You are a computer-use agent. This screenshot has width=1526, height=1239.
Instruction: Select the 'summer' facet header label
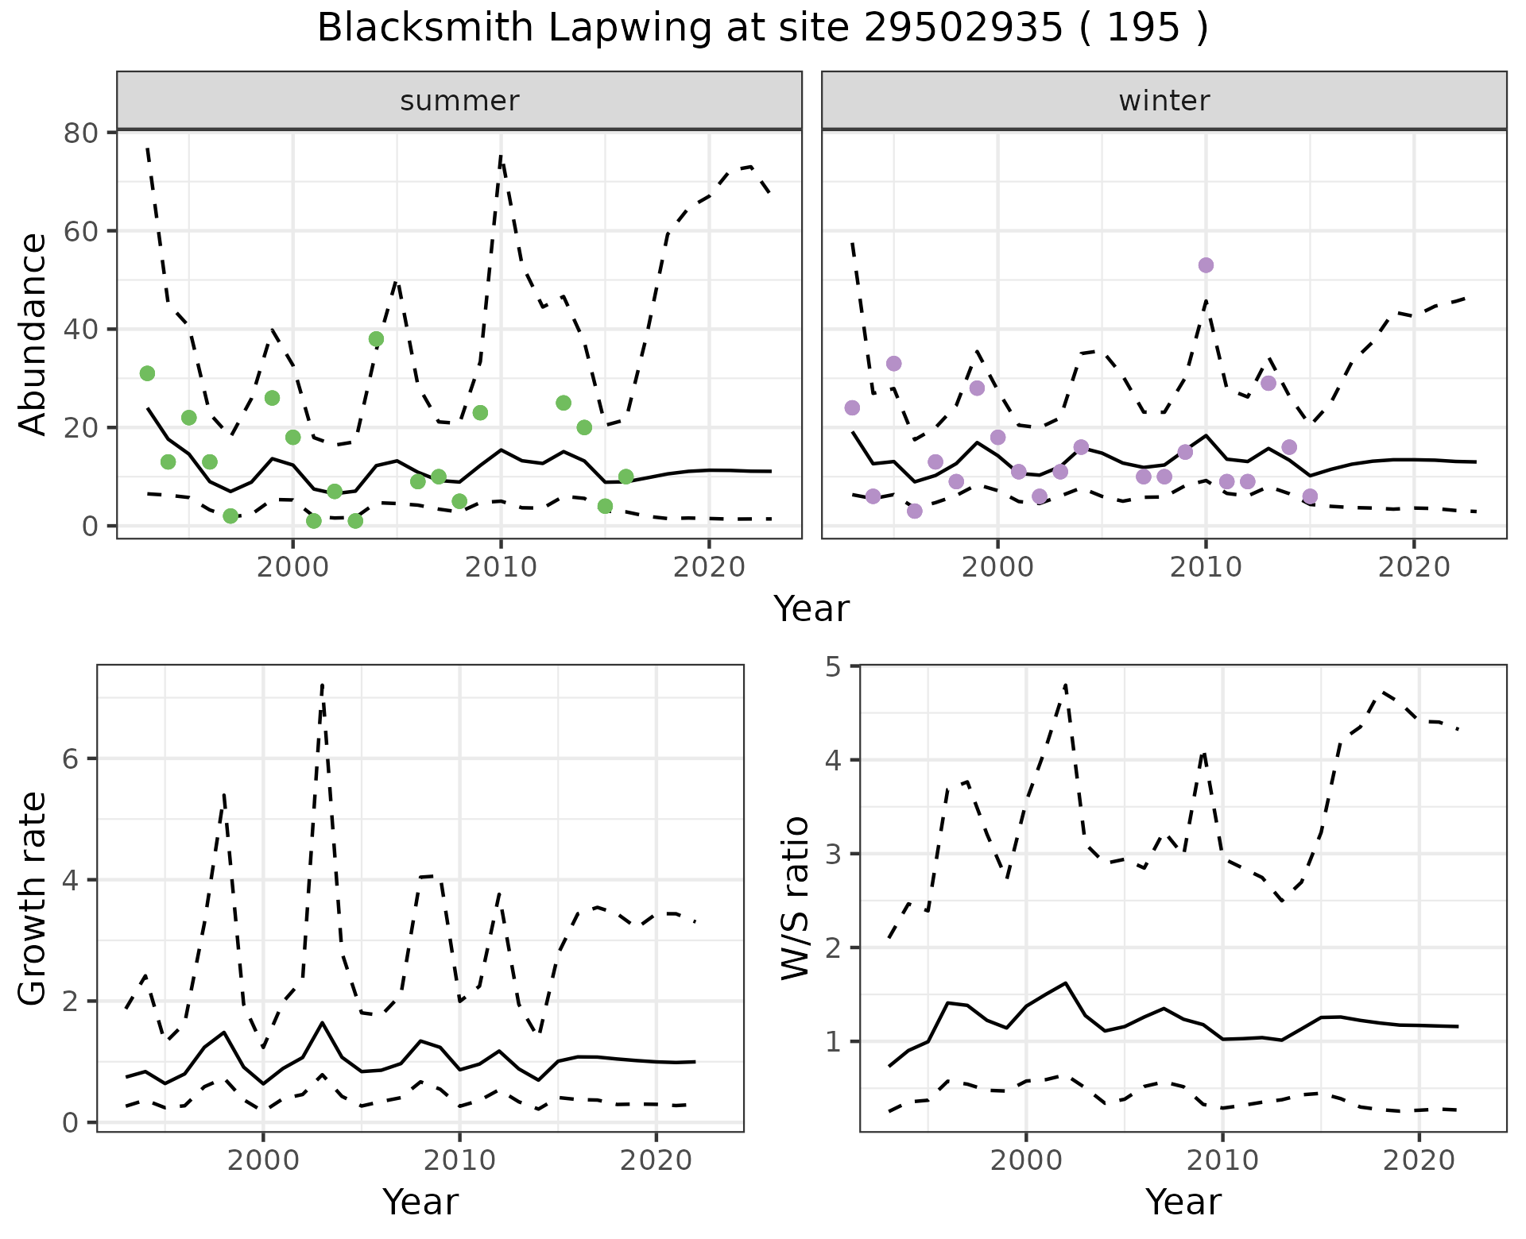click(x=459, y=101)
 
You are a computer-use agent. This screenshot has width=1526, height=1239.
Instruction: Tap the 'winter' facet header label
click(x=1164, y=101)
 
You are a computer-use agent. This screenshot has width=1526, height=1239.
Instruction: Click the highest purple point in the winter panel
click(x=1206, y=265)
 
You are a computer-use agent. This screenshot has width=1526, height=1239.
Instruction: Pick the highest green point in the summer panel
click(x=376, y=339)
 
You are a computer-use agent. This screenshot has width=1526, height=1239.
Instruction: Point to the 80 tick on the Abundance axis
click(x=79, y=133)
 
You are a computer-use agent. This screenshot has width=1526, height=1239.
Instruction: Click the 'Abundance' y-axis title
click(x=33, y=334)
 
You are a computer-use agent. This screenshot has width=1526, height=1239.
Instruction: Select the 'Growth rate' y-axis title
click(x=33, y=898)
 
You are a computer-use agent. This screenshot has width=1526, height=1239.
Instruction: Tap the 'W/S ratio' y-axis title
click(x=795, y=898)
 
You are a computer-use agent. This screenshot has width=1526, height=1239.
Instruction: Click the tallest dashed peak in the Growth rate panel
click(x=322, y=684)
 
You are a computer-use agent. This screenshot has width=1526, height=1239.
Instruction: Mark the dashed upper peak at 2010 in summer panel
click(x=501, y=156)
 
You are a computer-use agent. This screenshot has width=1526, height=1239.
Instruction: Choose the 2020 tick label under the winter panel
click(x=1414, y=567)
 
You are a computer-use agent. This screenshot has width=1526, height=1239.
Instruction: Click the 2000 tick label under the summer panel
click(x=292, y=567)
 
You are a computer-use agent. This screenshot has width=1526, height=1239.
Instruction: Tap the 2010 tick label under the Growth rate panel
click(x=459, y=1160)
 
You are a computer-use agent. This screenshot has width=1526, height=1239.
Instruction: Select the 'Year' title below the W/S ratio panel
click(x=1183, y=1202)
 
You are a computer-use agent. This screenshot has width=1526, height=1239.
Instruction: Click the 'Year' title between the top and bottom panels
click(x=811, y=609)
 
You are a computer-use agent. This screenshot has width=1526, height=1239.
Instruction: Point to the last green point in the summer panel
click(x=626, y=477)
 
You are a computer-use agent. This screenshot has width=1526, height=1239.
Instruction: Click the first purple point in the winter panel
click(x=852, y=408)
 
